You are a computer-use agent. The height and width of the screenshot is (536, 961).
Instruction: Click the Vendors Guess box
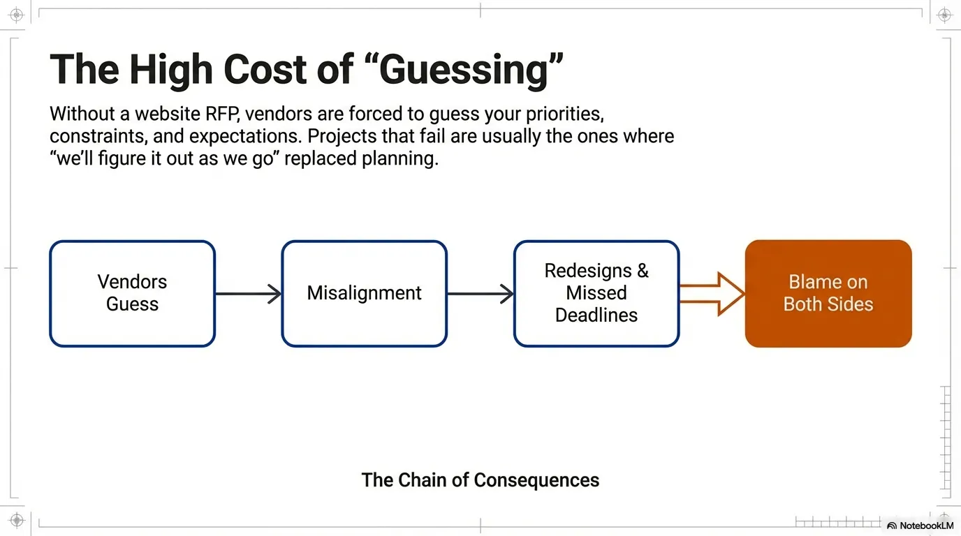[132, 293]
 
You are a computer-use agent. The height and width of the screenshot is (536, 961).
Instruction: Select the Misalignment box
[364, 293]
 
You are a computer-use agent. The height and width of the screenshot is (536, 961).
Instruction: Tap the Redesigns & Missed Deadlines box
[596, 293]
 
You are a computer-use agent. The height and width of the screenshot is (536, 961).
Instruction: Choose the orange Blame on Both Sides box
[828, 293]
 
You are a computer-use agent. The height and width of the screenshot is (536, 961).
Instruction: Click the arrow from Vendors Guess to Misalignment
[248, 294]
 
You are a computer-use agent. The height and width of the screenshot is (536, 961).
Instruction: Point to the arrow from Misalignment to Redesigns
[480, 294]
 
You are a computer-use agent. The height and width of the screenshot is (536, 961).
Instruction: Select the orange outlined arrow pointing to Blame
[712, 294]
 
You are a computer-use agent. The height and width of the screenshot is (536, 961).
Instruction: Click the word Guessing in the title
[464, 70]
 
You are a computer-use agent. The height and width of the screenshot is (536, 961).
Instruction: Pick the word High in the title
[170, 70]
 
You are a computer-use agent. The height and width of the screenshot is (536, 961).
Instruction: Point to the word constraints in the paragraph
[96, 135]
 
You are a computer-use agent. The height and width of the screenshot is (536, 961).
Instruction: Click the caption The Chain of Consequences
[480, 480]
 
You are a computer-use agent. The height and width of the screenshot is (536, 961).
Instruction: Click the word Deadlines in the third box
[596, 315]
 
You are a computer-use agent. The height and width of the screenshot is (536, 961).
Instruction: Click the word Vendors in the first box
[132, 282]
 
